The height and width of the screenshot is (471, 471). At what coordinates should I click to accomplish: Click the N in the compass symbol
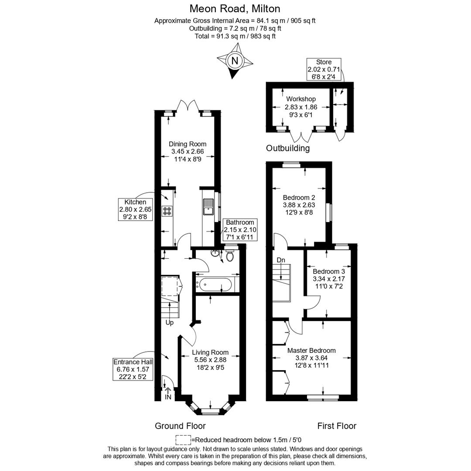click(x=235, y=61)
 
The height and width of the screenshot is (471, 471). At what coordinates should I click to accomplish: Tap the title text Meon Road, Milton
click(x=235, y=8)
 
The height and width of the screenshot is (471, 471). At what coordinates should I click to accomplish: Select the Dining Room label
click(x=188, y=144)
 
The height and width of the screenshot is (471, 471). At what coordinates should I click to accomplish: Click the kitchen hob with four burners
click(x=167, y=211)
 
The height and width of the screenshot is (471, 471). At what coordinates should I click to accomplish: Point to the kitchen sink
click(x=208, y=207)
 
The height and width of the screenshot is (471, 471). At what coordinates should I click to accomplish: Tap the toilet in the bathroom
click(x=230, y=256)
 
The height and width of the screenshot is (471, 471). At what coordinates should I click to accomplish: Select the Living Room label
click(x=210, y=352)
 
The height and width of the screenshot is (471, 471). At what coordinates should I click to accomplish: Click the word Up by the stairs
click(x=169, y=323)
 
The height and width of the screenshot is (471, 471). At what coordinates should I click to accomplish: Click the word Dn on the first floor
click(x=281, y=260)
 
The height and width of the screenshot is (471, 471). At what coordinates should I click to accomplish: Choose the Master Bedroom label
click(x=311, y=350)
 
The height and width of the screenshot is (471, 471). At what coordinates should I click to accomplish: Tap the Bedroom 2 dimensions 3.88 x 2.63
click(x=299, y=205)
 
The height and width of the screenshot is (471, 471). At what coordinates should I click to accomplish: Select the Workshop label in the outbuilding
click(x=301, y=99)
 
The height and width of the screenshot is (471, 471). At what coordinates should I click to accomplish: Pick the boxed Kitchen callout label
click(x=135, y=209)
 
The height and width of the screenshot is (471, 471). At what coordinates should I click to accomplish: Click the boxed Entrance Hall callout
click(x=133, y=369)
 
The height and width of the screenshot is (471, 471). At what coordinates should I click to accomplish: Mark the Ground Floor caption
click(x=180, y=426)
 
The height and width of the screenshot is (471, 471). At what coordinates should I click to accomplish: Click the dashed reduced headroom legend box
click(x=183, y=440)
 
